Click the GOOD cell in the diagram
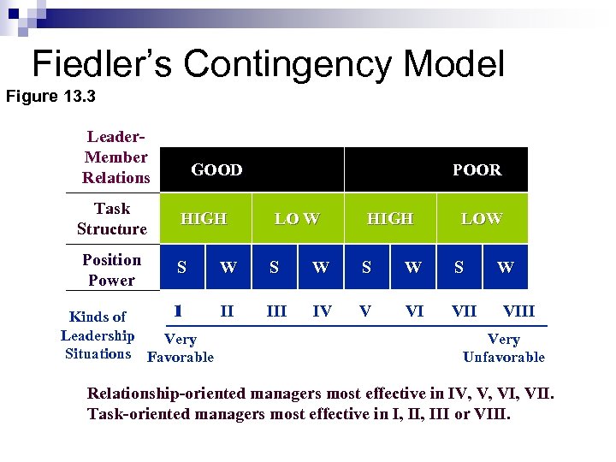(x=216, y=170)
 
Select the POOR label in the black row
(x=477, y=170)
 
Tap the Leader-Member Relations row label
(x=115, y=157)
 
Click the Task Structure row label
(x=112, y=219)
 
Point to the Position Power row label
(x=112, y=269)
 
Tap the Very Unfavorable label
(x=503, y=348)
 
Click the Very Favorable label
(x=181, y=348)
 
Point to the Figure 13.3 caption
(x=50, y=96)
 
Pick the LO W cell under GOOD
(x=296, y=219)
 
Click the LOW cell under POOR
(x=482, y=219)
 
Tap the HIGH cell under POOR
(x=389, y=219)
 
